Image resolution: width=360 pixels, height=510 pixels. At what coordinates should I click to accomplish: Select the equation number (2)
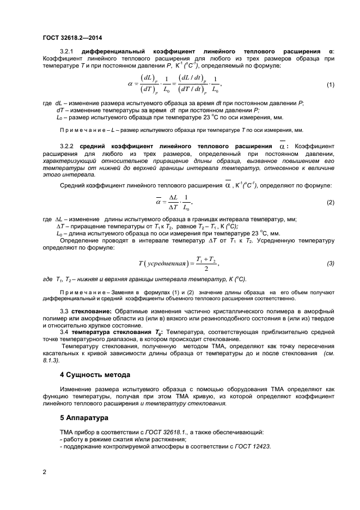(330, 202)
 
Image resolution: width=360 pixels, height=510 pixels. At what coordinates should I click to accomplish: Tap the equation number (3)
(330, 264)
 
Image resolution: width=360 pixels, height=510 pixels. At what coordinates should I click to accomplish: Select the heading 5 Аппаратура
(85, 418)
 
